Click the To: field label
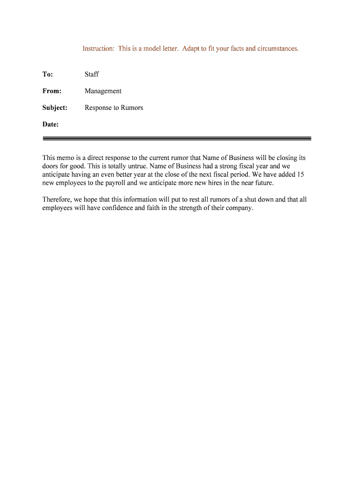(x=48, y=74)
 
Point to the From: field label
(x=52, y=91)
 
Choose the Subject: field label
(x=55, y=108)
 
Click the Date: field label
(x=50, y=124)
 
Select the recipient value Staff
(x=92, y=74)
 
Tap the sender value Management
(x=103, y=91)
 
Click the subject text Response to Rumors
(x=114, y=108)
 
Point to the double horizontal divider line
(x=177, y=138)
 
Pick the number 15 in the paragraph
(x=301, y=174)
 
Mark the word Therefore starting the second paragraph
(x=58, y=200)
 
